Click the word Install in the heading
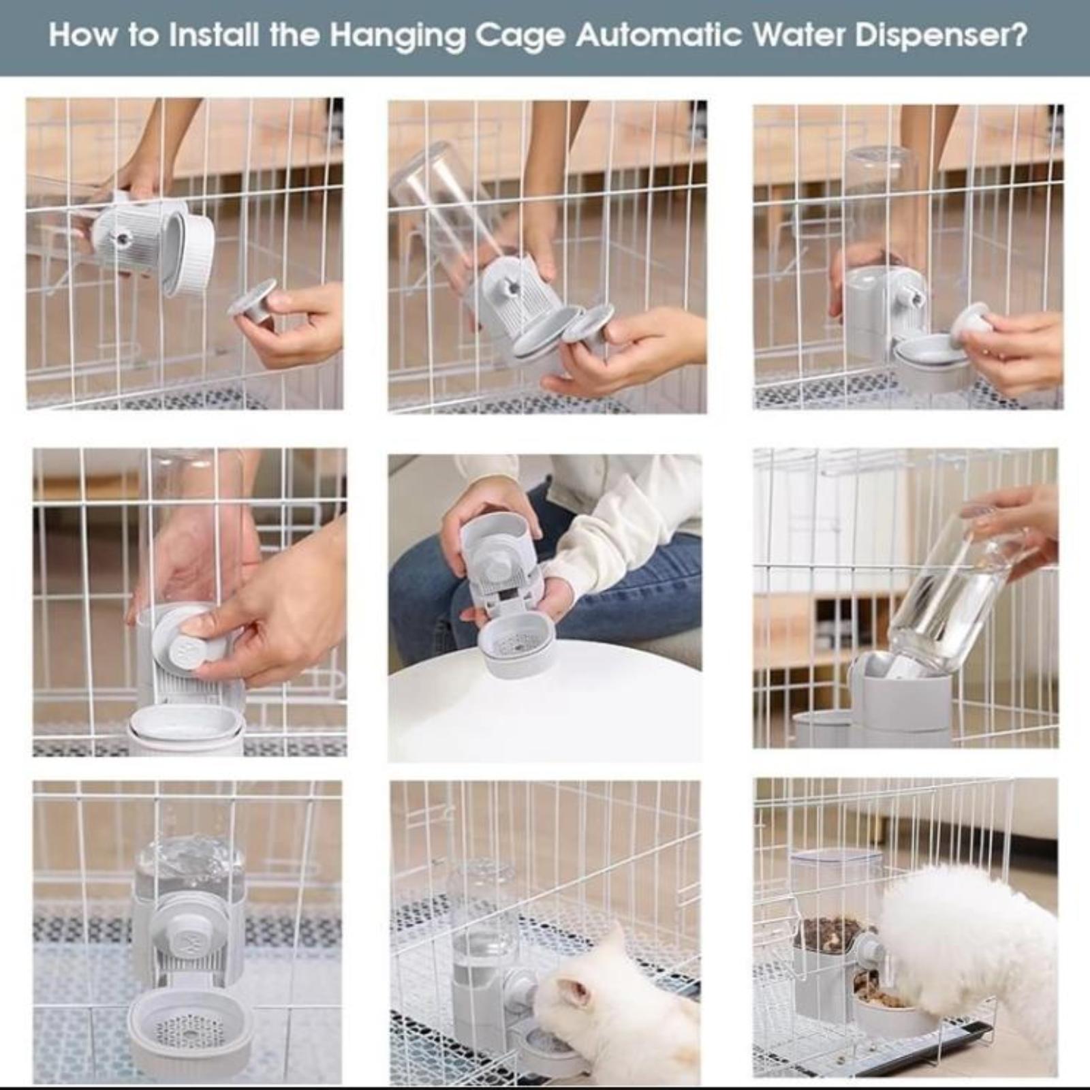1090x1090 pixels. tap(215, 35)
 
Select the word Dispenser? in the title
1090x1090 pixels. tap(941, 36)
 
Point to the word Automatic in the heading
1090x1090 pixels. tap(658, 35)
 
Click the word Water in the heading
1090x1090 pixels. tap(798, 35)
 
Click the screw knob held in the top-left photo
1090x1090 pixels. tap(254, 304)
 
